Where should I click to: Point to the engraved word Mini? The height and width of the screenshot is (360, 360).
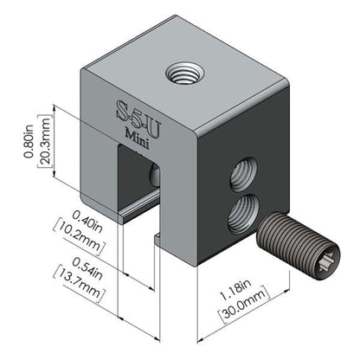[x=139, y=132]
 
